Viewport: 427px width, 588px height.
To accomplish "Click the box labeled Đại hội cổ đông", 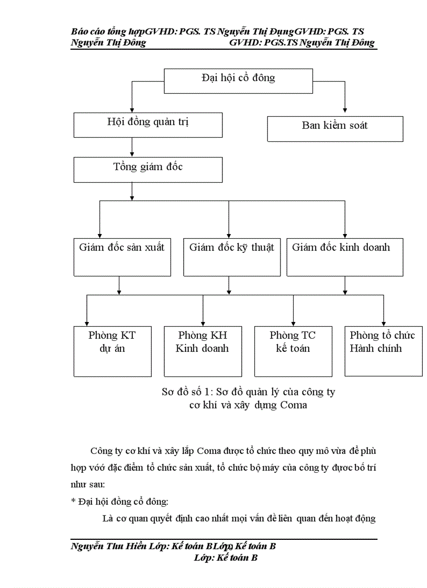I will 238,81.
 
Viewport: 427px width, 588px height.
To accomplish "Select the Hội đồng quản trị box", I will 148,125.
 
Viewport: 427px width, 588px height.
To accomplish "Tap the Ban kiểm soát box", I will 335,129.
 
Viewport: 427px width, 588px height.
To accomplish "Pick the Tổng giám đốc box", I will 148,170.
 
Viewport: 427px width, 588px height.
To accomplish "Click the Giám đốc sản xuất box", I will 122,257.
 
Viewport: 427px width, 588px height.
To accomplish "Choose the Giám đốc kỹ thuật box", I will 232,257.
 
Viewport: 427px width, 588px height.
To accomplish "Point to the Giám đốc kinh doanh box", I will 345,257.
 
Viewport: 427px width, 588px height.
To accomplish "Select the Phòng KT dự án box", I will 112,350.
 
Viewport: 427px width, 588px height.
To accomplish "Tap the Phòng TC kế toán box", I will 293,350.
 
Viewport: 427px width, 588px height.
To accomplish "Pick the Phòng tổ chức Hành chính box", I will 383,350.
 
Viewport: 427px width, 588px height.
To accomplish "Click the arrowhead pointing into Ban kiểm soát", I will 345,111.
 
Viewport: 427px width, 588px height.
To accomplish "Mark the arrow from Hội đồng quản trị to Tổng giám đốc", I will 132,148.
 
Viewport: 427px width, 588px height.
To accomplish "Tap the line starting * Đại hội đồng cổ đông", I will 120,501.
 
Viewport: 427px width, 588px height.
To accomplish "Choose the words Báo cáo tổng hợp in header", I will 108,32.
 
